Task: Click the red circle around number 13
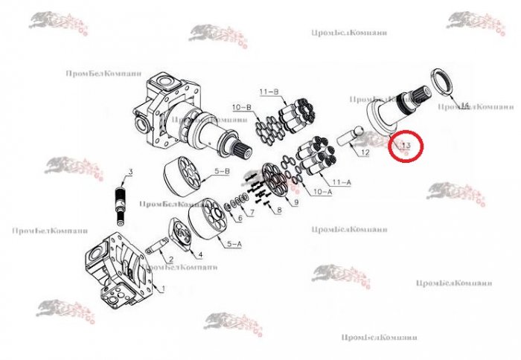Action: [406, 146]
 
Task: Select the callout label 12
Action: [365, 152]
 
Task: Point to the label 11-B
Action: [269, 91]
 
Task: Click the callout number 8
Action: [278, 211]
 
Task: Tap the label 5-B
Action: [223, 172]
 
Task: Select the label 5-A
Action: [233, 243]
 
